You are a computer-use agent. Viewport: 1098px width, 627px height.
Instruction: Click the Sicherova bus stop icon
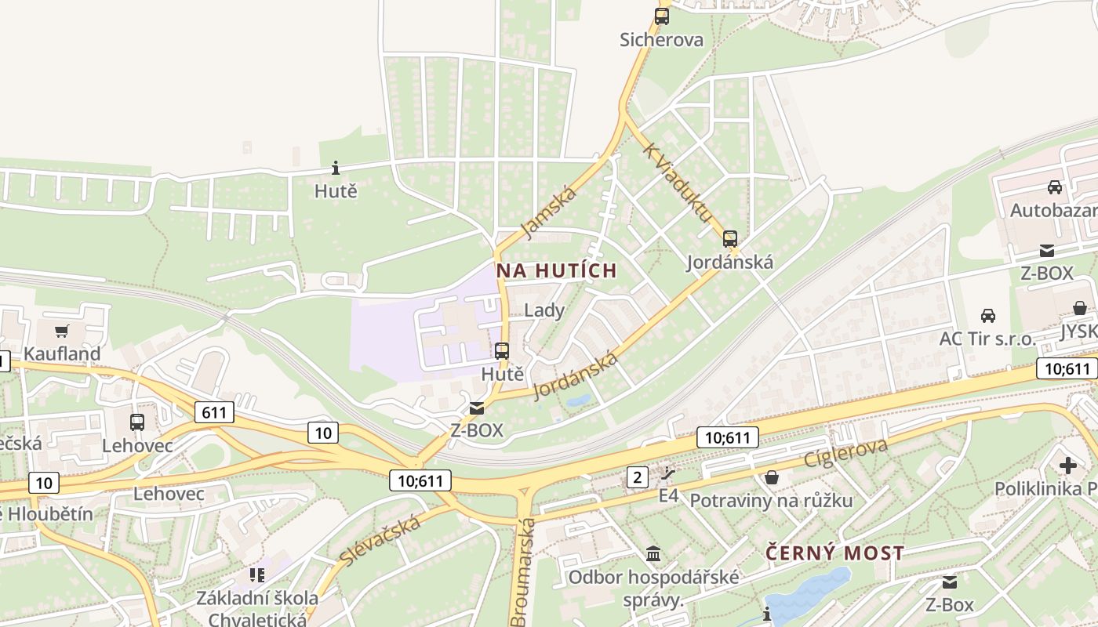click(662, 16)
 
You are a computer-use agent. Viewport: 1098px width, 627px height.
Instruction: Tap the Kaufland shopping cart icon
click(62, 331)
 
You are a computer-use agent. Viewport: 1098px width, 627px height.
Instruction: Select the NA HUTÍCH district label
click(557, 271)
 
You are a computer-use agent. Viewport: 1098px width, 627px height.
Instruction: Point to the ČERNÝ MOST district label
click(834, 553)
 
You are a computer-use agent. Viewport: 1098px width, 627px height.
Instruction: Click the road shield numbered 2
click(637, 476)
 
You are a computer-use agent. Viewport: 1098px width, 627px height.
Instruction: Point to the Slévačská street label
click(380, 540)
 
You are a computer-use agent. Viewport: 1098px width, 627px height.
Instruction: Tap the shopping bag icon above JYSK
click(1080, 308)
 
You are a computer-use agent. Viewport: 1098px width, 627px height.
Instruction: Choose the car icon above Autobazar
click(1054, 187)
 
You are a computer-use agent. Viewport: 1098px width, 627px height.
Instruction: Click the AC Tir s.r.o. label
click(987, 339)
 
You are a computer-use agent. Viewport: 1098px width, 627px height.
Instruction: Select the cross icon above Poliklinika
click(1067, 466)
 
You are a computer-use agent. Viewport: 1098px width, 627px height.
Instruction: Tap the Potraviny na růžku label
click(770, 500)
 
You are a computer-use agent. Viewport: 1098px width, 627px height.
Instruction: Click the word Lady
click(544, 310)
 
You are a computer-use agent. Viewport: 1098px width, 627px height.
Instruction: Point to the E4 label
click(668, 495)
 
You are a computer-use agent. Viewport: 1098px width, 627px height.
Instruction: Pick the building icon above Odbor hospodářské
click(653, 554)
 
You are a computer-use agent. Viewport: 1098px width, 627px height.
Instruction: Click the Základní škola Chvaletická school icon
click(257, 575)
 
